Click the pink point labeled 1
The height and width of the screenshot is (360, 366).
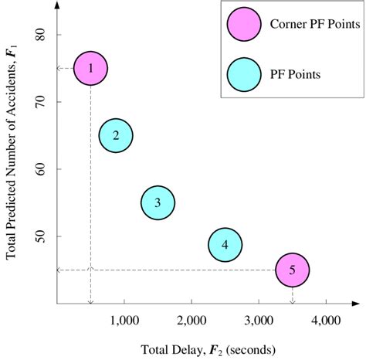pyautogui.click(x=90, y=68)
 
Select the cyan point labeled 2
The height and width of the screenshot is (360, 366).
pyautogui.click(x=116, y=136)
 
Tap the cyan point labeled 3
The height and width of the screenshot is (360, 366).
pyautogui.click(x=158, y=203)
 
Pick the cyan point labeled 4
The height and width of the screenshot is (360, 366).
pyautogui.click(x=225, y=245)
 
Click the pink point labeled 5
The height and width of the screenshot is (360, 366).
pyautogui.click(x=293, y=270)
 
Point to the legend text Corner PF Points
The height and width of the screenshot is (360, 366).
pyautogui.click(x=310, y=25)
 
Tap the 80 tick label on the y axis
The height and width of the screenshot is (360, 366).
pyautogui.click(x=42, y=35)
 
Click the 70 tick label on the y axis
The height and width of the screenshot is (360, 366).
pyautogui.click(x=42, y=102)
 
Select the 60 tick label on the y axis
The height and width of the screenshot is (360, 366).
pyautogui.click(x=42, y=169)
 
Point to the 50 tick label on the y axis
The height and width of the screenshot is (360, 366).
pyautogui.click(x=42, y=236)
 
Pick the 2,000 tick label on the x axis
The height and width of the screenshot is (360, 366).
pyautogui.click(x=191, y=319)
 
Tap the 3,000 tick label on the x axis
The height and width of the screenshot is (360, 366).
pyautogui.click(x=258, y=319)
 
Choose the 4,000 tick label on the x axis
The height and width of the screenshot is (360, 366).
pyautogui.click(x=325, y=319)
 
